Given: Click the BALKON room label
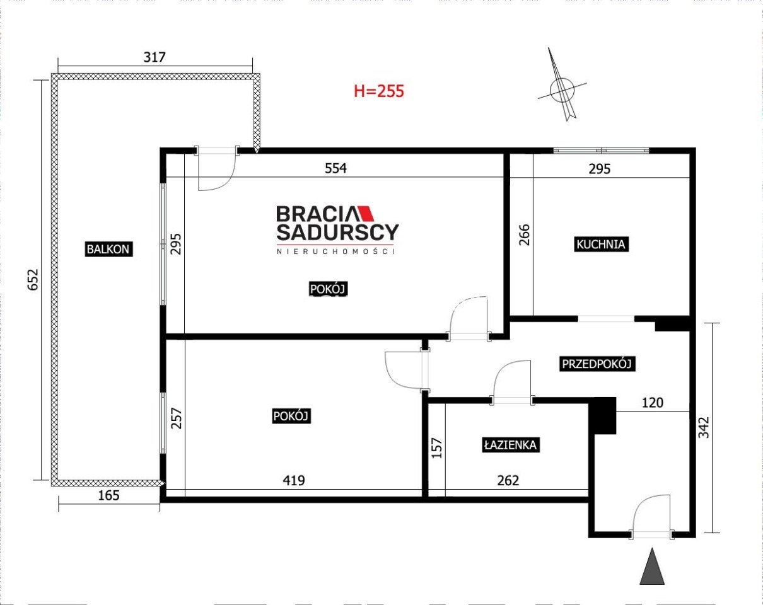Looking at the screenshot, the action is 108,249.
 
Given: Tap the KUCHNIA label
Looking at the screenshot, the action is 601,244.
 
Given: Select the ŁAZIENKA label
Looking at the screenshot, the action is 511,445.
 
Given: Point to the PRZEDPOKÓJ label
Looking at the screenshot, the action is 597,364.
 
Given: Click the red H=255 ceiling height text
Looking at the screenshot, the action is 379,91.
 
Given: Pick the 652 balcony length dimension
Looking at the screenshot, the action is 33,280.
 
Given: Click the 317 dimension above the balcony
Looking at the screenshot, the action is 154,57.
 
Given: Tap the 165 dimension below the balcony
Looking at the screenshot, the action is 109,495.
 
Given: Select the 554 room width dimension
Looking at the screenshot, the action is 335,168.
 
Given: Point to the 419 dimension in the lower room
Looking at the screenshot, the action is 294,481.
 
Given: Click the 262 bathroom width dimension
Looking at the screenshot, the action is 508,481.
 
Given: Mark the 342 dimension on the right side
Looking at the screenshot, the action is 704,427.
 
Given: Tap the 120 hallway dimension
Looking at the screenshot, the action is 653,403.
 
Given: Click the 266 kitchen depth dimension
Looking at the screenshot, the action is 525,234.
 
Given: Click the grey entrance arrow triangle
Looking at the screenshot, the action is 652,567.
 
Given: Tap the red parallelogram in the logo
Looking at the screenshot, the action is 366,214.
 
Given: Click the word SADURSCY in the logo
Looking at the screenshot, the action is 337,232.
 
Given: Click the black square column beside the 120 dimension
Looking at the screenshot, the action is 603,415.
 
